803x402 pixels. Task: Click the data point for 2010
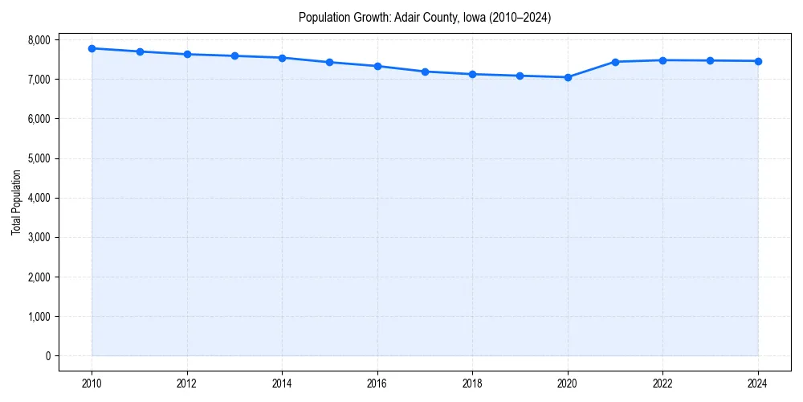pos(92,48)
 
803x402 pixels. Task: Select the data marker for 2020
pos(568,77)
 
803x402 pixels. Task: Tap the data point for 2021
pos(615,62)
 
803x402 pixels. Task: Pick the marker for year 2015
pos(330,62)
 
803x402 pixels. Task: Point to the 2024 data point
pos(758,61)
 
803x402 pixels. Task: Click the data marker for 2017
pos(425,72)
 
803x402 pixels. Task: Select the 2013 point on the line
pos(234,55)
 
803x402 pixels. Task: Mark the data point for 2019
pos(520,76)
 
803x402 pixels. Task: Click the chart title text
pos(424,17)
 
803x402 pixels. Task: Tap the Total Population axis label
pos(16,203)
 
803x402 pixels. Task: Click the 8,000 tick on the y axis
pos(39,40)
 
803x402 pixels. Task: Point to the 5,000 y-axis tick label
pos(39,158)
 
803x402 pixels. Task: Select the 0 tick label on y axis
pos(47,356)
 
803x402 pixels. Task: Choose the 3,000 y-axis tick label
pos(39,238)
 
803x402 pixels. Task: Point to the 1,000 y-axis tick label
pos(39,317)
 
